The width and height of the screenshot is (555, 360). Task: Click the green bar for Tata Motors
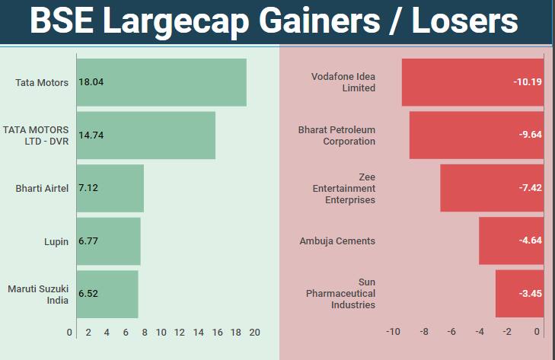point(161,82)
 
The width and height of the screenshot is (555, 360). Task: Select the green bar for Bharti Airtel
point(110,188)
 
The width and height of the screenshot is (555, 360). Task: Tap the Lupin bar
point(109,241)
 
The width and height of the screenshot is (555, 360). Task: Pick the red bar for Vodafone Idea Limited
point(472,82)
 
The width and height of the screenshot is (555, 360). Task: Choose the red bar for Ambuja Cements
point(511,241)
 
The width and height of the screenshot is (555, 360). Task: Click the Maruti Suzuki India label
point(38,294)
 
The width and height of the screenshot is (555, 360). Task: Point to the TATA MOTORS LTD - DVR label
point(36,135)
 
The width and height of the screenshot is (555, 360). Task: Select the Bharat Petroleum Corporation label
point(337,135)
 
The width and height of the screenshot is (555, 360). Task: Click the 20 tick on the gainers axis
point(254,333)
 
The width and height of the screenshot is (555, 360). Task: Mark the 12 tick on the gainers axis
point(180,333)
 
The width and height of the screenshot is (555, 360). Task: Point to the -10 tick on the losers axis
point(393,333)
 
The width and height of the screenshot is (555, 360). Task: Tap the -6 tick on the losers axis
point(451,333)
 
